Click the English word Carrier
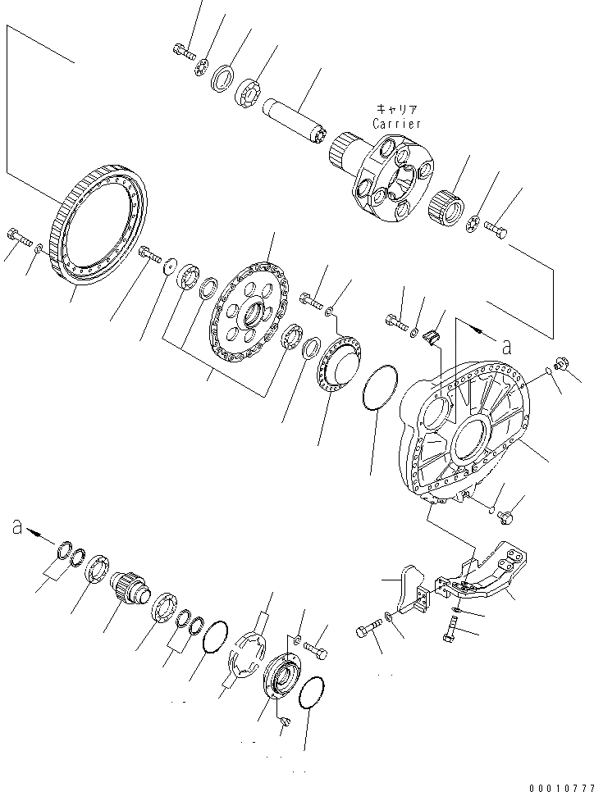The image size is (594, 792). point(396,124)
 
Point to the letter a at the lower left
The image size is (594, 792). point(16,528)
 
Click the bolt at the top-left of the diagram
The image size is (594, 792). point(182,51)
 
